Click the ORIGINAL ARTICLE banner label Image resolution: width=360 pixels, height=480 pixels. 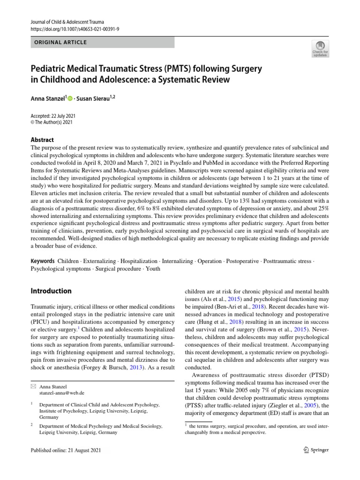59,43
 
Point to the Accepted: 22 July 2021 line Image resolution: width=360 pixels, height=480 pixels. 53,116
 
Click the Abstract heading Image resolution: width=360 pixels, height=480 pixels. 42,140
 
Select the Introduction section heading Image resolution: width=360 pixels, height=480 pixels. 51,291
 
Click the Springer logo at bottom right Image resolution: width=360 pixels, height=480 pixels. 316,450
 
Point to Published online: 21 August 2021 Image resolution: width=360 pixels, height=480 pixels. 65,450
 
